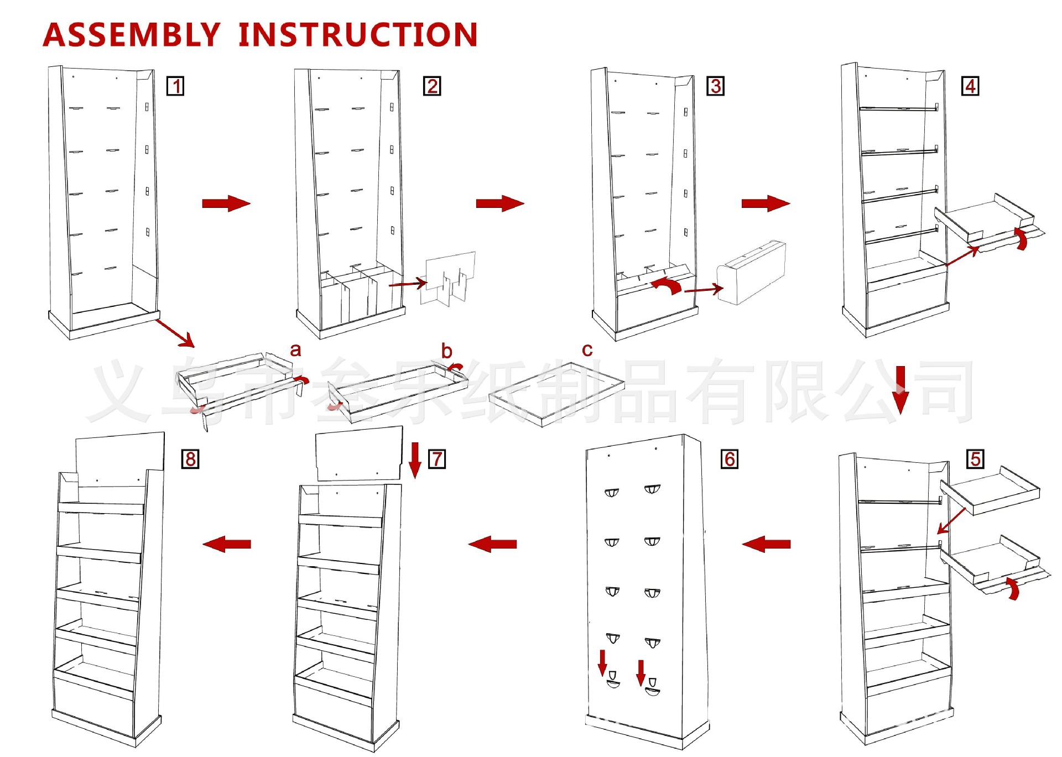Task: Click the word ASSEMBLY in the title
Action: pos(132,34)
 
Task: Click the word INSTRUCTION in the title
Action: pos(358,34)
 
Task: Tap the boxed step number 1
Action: pos(175,86)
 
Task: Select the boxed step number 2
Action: pos(432,86)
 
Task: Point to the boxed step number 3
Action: pos(716,86)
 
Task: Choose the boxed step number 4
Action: pos(970,86)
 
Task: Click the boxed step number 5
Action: pos(975,459)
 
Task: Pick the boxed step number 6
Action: pos(730,459)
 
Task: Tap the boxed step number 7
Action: pos(437,459)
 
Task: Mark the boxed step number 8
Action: pos(190,459)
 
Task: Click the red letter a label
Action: pos(295,350)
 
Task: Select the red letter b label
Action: pos(446,351)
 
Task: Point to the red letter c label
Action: pos(587,350)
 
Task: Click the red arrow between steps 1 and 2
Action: pos(226,203)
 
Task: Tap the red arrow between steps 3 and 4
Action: pos(766,203)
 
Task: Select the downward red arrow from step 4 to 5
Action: pos(900,390)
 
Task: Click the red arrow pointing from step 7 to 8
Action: pos(227,544)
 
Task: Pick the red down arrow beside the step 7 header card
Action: pos(415,460)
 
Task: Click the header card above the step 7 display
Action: pos(359,453)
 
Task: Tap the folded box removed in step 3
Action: pos(751,272)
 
